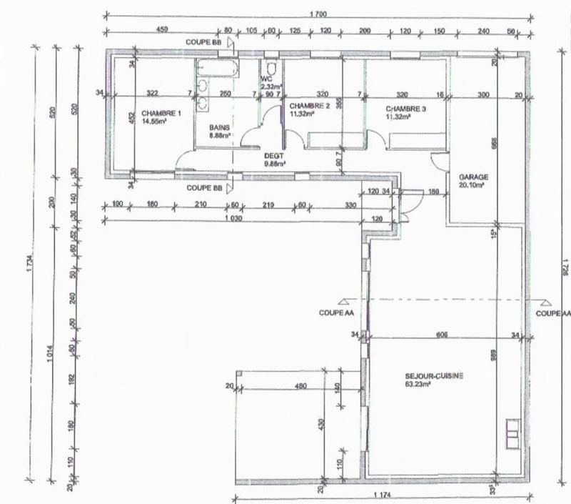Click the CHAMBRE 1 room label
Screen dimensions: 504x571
pyautogui.click(x=156, y=113)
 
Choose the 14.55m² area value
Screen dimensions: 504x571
pyautogui.click(x=154, y=122)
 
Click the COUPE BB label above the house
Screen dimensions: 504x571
pyautogui.click(x=203, y=42)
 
